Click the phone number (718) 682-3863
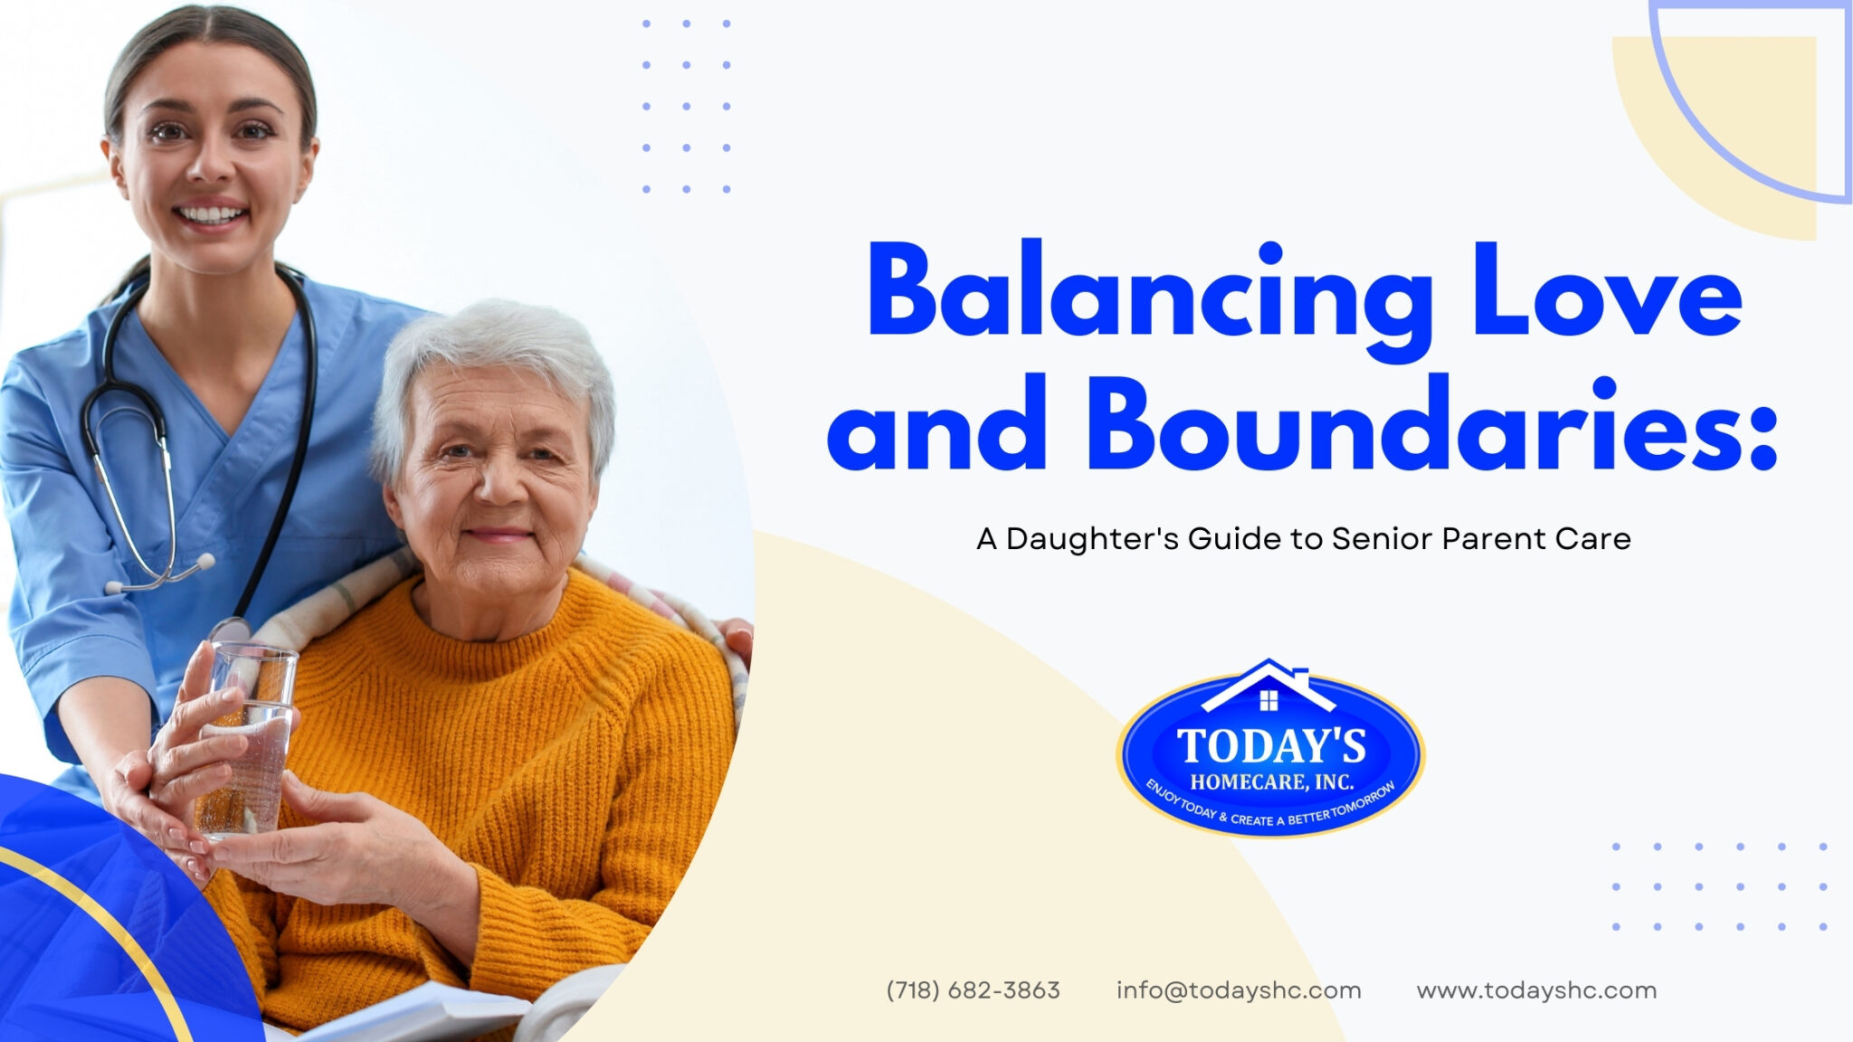973,990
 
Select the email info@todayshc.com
1238,990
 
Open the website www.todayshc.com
1536,990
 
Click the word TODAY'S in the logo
1271,747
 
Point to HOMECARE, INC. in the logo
1271,781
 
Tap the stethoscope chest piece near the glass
230,630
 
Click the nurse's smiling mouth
210,216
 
